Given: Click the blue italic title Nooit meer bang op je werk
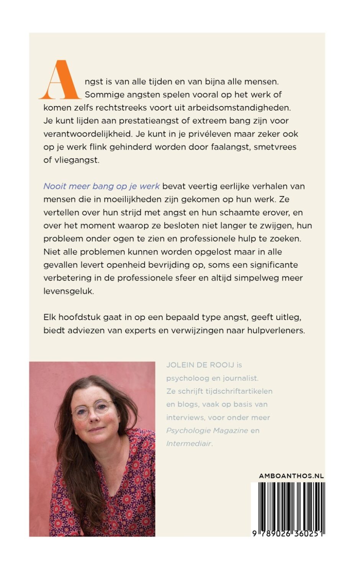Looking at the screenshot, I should coord(101,186).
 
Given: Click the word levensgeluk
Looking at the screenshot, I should coord(69,291).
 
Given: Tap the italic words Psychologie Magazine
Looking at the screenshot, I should coord(207,431).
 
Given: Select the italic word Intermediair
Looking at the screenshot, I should coord(189,444).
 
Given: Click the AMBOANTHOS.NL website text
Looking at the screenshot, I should coord(291,476).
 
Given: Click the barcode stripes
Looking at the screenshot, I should coord(288,505).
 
